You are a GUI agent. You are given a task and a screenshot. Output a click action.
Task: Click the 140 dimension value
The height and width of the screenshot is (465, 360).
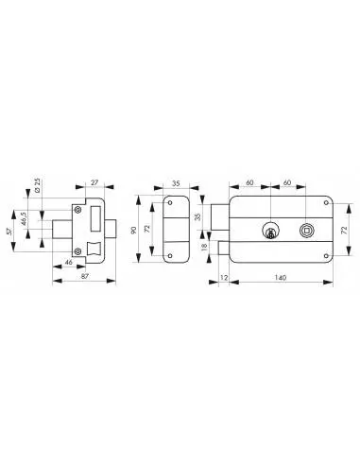click(x=281, y=278)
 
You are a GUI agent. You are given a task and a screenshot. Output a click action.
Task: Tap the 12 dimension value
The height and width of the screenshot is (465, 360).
click(x=224, y=278)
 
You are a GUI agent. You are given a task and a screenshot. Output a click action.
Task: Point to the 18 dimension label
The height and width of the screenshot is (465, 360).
click(x=204, y=246)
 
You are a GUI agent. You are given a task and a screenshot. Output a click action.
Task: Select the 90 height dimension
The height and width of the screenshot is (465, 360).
click(x=133, y=230)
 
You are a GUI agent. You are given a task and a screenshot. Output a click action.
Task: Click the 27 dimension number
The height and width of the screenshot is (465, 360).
click(x=94, y=182)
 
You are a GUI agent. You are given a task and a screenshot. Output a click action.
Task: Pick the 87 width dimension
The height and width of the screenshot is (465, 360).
click(x=85, y=276)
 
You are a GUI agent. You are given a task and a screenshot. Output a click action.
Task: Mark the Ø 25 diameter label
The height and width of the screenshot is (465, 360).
click(x=37, y=185)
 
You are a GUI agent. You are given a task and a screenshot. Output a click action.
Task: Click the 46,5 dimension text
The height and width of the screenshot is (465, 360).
click(x=24, y=218)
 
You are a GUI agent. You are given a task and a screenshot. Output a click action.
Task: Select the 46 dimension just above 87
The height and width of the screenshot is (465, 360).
click(x=68, y=262)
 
